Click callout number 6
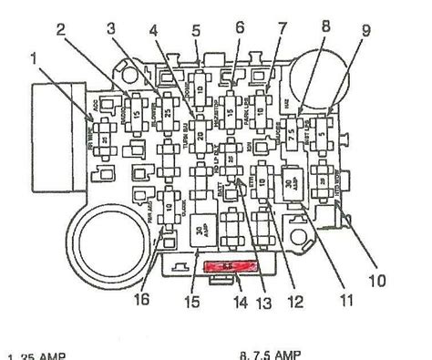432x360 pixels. click(241, 28)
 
